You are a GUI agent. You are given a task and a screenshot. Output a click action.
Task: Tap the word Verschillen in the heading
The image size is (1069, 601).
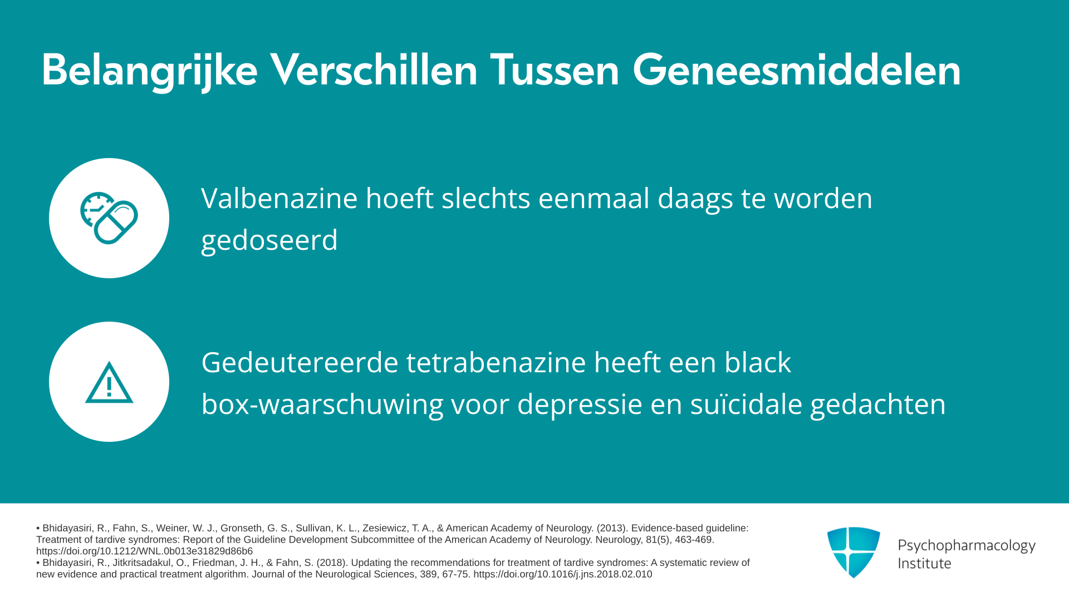click(x=374, y=70)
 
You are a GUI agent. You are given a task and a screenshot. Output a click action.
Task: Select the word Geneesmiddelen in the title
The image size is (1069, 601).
click(x=797, y=70)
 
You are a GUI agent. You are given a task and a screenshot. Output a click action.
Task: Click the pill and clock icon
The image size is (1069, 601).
click(x=109, y=218)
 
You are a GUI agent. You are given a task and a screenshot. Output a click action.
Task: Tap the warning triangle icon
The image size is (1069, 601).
click(x=109, y=382)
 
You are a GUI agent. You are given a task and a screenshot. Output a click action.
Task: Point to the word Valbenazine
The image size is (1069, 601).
click(x=279, y=198)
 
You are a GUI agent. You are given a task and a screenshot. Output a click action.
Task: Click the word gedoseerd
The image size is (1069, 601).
click(x=269, y=240)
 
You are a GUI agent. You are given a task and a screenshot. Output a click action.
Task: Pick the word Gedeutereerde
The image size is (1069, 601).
click(x=300, y=362)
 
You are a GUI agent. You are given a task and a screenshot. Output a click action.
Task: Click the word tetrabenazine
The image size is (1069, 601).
click(x=496, y=362)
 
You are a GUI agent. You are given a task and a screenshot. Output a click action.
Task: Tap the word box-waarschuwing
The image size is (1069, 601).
click(x=322, y=405)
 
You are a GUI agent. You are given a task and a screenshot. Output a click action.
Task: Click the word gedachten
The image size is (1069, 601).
click(x=878, y=405)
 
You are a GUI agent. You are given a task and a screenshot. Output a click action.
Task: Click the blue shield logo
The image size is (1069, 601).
click(x=854, y=552)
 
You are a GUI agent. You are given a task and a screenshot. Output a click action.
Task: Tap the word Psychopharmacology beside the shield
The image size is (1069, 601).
click(x=967, y=546)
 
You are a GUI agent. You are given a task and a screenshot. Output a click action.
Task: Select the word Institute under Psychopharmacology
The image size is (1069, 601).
click(x=925, y=563)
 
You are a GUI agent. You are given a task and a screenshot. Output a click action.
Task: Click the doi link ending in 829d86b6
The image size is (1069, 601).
click(x=144, y=551)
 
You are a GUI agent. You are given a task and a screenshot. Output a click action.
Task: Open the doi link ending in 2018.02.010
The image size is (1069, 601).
click(x=562, y=574)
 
